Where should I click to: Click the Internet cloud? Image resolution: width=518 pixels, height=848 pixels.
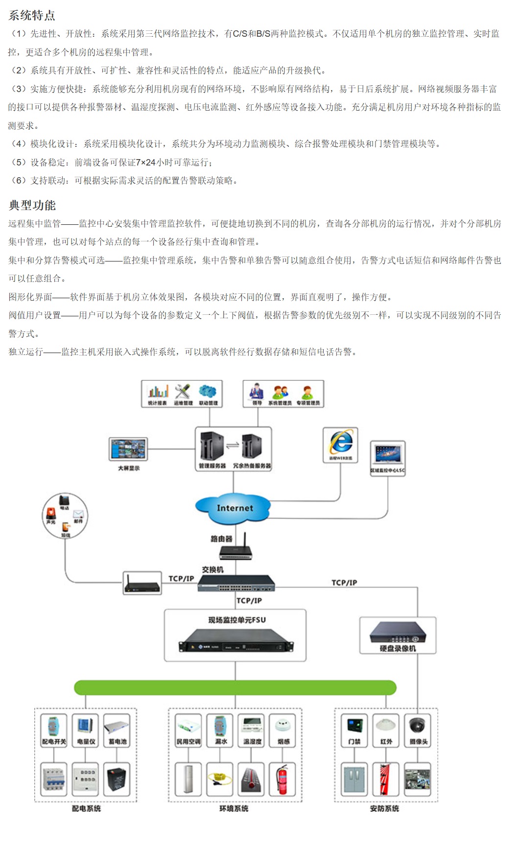[234, 508]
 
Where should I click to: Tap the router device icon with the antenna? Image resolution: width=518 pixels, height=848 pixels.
[236, 550]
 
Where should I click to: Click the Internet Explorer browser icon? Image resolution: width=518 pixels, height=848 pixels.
[340, 442]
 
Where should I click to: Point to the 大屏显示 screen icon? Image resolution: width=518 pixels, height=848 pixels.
[128, 449]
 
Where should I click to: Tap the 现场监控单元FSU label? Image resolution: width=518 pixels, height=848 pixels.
[237, 620]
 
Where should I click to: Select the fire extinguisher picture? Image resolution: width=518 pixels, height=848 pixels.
[282, 778]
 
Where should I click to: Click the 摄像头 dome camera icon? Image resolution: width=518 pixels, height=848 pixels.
[418, 726]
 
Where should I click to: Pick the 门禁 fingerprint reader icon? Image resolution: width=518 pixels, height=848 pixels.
[354, 726]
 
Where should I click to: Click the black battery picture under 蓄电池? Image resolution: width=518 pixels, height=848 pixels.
[117, 778]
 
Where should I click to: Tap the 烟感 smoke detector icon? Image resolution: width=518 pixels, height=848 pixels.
[283, 726]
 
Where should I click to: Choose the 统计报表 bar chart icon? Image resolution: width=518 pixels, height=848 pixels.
[158, 391]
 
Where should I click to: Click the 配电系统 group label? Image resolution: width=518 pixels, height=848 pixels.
[86, 808]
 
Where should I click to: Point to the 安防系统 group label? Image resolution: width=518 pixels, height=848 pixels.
[385, 808]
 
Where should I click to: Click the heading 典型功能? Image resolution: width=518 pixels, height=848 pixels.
[32, 205]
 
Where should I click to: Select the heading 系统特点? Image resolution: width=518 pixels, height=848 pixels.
[32, 15]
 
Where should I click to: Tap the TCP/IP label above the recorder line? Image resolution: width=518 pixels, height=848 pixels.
[344, 583]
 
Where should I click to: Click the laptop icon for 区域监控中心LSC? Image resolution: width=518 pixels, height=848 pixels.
[388, 455]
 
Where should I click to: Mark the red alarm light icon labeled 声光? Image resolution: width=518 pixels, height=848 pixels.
[51, 513]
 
